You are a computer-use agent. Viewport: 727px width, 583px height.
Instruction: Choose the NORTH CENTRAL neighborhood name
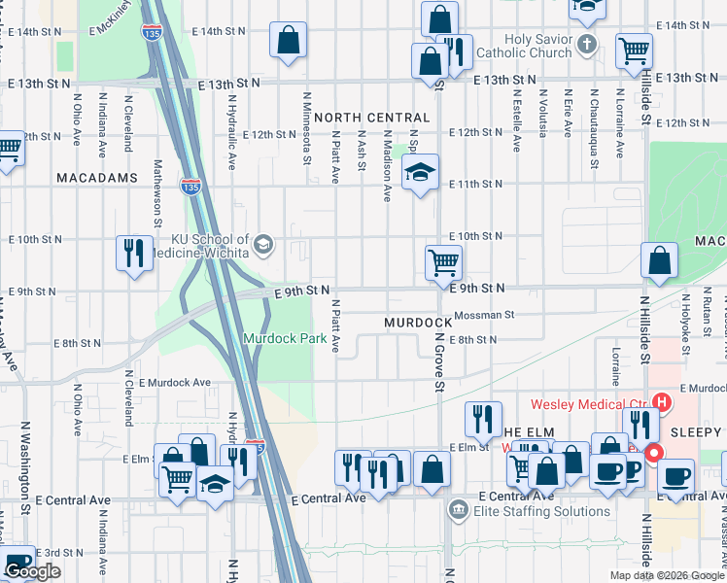[371, 117]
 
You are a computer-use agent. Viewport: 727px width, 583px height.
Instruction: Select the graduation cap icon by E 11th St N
[420, 173]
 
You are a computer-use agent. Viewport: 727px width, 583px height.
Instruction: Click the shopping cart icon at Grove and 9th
[443, 260]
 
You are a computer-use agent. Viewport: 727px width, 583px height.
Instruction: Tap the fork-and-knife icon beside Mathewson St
[133, 253]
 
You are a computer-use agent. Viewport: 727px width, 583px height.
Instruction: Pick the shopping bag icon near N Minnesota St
[289, 41]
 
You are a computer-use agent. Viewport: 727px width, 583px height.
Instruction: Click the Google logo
[32, 571]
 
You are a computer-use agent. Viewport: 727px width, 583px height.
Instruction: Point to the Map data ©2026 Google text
[667, 574]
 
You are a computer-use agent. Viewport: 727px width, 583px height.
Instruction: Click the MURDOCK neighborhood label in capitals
[417, 322]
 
